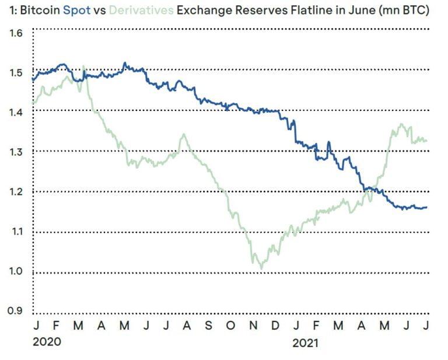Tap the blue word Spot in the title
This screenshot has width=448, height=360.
click(x=77, y=11)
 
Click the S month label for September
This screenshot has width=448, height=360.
click(x=209, y=326)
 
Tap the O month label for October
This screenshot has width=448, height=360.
click(x=231, y=326)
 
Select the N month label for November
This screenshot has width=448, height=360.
click(x=254, y=326)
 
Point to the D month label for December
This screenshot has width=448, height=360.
click(x=275, y=326)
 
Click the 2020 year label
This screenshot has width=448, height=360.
click(x=47, y=342)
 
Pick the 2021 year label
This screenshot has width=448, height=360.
click(x=306, y=342)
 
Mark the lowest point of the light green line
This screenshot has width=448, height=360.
click(x=261, y=268)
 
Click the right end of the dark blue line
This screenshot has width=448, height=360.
click(x=426, y=207)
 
